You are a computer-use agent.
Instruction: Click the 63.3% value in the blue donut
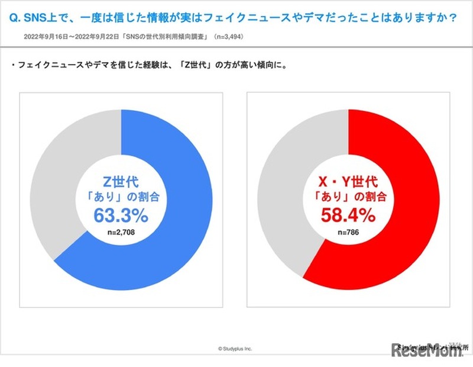(121, 214)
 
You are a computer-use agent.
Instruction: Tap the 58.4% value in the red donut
(349, 214)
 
